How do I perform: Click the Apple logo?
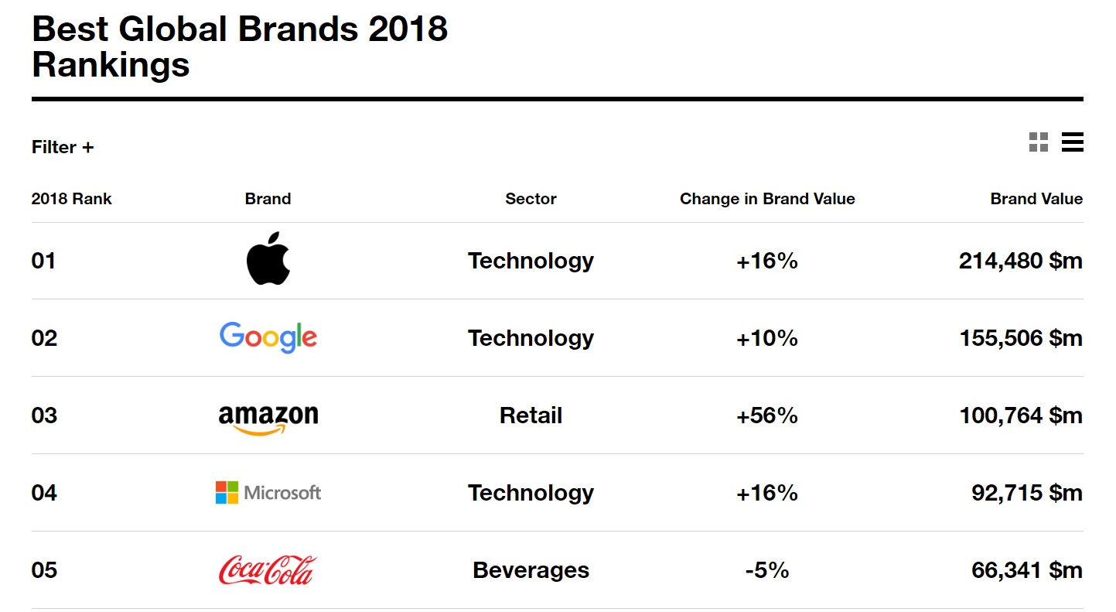268,258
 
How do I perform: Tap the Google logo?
268,337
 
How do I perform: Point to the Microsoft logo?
268,492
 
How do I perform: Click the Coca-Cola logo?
268,569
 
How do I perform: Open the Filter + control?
63,147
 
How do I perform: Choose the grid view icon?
1039,142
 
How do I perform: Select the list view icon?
1072,142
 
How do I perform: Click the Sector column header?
531,198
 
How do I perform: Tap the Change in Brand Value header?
767,199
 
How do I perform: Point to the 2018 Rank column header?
71,198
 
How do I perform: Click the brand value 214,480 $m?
1020,261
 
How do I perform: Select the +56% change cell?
767,415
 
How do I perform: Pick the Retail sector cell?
531,415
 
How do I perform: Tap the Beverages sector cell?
531,570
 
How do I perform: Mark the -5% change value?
767,570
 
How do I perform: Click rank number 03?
44,415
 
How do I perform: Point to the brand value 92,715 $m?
1027,493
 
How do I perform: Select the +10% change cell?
767,338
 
